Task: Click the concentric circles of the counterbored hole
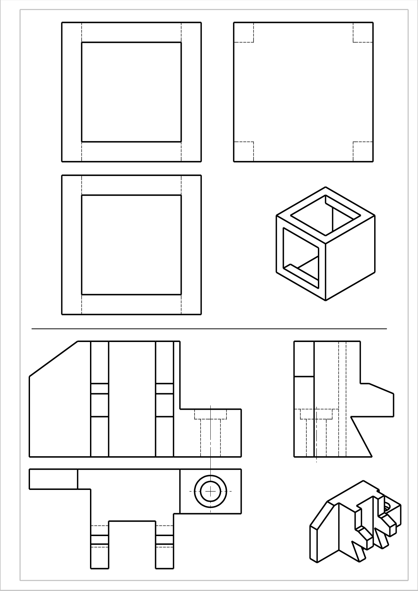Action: pos(210,491)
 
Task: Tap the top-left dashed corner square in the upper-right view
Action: pos(243,33)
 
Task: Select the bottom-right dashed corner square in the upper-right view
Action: pos(363,152)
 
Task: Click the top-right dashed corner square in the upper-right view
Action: pos(363,33)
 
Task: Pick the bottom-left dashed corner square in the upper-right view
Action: pos(243,152)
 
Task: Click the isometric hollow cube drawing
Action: pos(325,244)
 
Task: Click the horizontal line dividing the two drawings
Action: pos(209,329)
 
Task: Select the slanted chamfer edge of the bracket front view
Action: pos(53,359)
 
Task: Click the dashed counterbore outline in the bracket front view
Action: pos(211,415)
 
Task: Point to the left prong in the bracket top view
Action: pos(99,546)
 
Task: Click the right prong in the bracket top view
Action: pos(165,546)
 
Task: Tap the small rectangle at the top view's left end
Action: pos(53,479)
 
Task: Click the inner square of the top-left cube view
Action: pos(131,92)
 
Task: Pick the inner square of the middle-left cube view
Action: pos(131,245)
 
